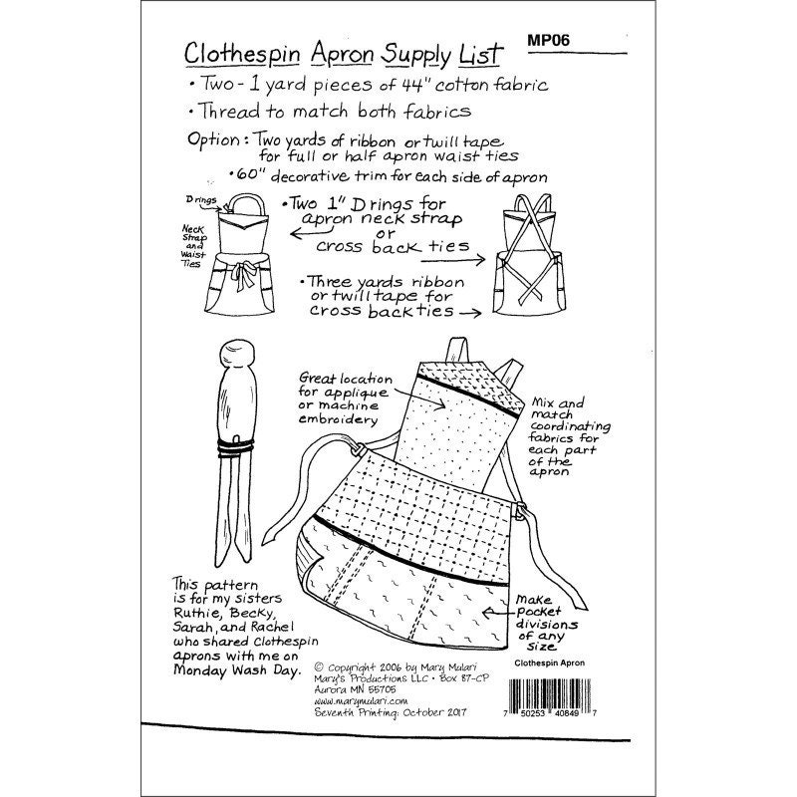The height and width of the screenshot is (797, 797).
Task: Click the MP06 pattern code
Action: coord(549,40)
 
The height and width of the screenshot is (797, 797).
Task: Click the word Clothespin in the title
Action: coord(242,55)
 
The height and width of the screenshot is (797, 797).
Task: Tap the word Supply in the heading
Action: coord(416,56)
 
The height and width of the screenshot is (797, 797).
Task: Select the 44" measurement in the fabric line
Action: coord(412,85)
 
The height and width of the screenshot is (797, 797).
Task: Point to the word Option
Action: coord(213,139)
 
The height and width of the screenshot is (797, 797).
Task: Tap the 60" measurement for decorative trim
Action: coord(249,174)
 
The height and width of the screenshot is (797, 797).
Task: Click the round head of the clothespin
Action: coord(237,356)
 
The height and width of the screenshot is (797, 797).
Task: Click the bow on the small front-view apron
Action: coord(243,275)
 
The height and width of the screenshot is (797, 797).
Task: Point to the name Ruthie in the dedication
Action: coord(194,613)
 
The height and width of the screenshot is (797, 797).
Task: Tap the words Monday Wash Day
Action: coord(237,669)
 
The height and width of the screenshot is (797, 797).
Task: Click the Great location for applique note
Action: coord(346,398)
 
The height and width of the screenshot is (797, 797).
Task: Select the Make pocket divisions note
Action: coord(546,624)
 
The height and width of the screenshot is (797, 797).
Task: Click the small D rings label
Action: coord(201,200)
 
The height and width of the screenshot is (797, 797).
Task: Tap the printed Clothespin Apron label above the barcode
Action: coord(550,663)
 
